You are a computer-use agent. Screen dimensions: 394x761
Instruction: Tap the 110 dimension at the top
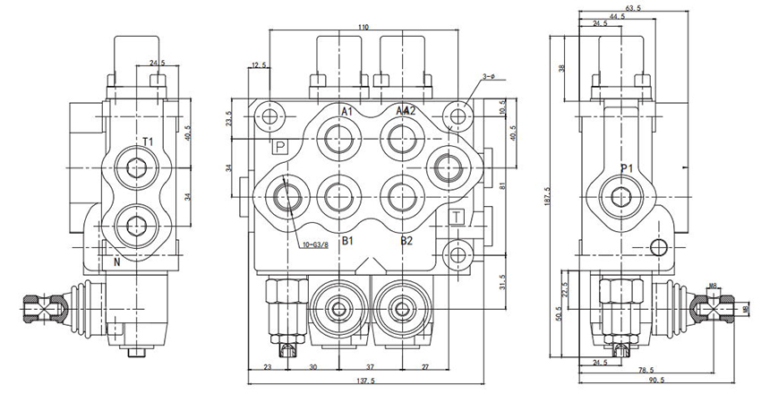363,29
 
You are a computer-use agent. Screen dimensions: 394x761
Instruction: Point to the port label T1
150,141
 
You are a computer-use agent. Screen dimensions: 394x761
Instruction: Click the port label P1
627,167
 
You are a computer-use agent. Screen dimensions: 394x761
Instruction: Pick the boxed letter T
456,218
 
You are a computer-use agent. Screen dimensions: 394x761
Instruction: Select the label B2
406,241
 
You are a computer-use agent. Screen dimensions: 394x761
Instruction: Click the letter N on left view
117,261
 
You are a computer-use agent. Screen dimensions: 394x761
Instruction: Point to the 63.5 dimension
632,9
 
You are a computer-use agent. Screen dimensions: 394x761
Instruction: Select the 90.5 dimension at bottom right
682,381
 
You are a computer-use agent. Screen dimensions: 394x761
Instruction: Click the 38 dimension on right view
561,68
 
